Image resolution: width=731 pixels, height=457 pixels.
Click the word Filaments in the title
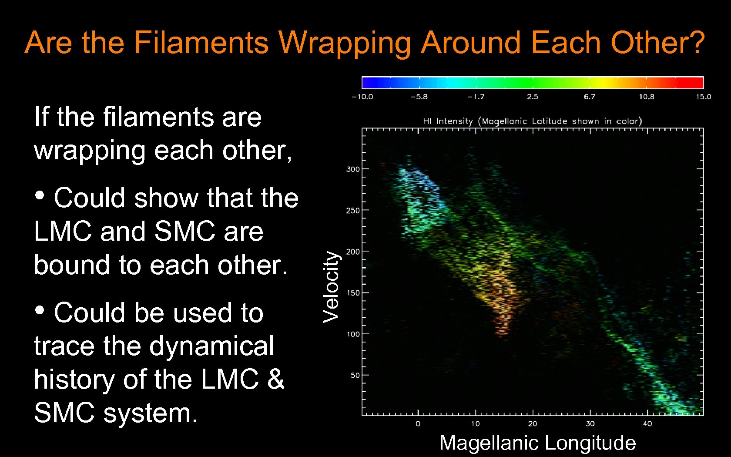coord(201,43)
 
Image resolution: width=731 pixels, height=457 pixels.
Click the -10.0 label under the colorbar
coord(362,97)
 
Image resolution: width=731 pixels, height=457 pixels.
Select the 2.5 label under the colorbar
coord(533,97)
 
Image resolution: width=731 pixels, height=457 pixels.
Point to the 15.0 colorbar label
coord(703,97)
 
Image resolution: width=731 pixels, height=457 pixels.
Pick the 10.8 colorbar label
coord(646,97)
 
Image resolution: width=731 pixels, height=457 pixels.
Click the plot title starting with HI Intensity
coord(532,121)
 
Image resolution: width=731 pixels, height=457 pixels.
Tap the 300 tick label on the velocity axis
coord(353,169)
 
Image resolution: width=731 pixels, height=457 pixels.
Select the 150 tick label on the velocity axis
coord(353,293)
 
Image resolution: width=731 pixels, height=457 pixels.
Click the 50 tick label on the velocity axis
coord(355,375)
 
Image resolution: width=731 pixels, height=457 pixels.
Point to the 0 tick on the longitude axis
coord(418,423)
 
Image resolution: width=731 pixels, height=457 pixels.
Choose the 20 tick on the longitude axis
coord(533,423)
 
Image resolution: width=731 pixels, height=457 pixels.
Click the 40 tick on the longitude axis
coord(647,423)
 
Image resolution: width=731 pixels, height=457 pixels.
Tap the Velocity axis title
coord(331,286)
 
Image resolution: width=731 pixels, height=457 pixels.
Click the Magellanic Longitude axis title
coord(537,443)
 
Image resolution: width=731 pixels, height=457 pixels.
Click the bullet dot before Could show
coord(40,195)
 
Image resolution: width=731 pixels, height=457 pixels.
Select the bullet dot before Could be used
coord(40,310)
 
